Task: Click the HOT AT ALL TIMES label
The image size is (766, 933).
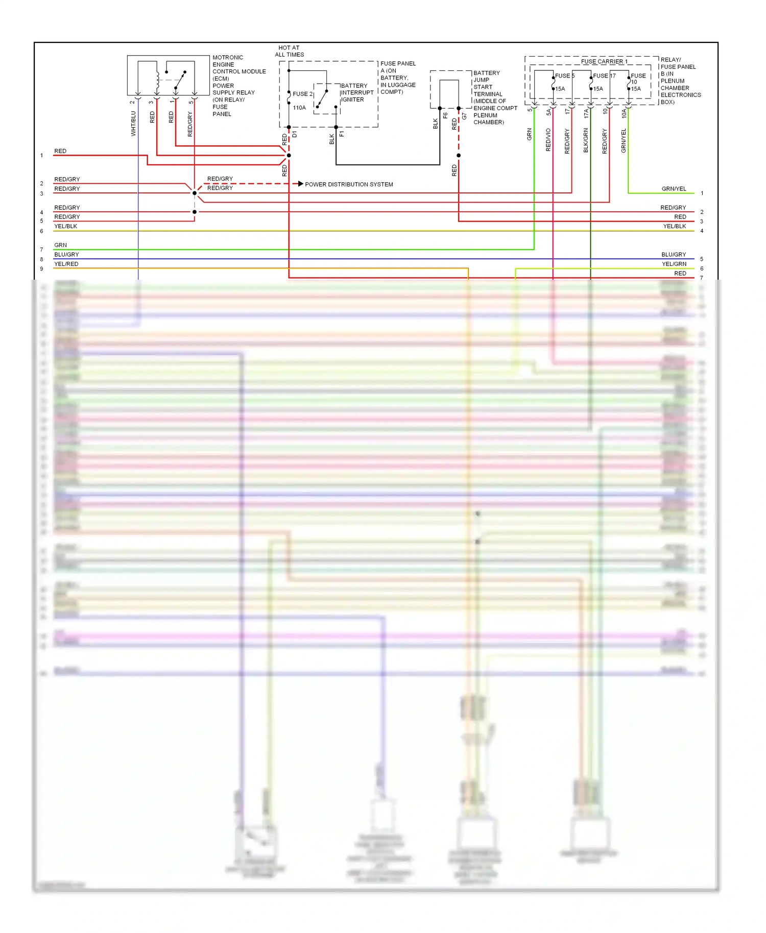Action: pos(289,51)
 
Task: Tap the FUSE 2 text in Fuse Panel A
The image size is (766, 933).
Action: pos(302,94)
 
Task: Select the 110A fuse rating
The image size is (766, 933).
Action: pos(299,108)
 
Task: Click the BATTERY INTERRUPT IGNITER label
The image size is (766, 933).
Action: pos(357,93)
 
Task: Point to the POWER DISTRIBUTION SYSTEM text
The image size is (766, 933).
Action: pos(349,184)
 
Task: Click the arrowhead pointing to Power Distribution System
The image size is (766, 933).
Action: pos(301,184)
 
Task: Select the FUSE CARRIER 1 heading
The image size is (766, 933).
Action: pos(604,61)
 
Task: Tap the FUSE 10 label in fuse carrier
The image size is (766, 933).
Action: pos(638,78)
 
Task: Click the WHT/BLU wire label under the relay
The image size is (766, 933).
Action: pos(133,124)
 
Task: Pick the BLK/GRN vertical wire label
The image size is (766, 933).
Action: pos(586,140)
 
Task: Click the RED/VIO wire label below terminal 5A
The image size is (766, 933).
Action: pos(548,140)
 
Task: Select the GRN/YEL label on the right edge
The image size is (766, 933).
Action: pos(674,189)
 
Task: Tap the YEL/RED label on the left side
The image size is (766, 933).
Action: pos(66,264)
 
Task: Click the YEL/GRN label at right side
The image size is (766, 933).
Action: pos(674,264)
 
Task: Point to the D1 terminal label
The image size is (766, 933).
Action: pos(295,135)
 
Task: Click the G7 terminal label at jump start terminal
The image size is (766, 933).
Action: pos(464,116)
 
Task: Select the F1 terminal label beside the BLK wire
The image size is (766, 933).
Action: pos(342,134)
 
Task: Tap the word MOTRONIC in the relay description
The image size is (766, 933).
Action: pos(228,58)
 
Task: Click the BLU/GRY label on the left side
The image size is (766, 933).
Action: pos(66,254)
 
